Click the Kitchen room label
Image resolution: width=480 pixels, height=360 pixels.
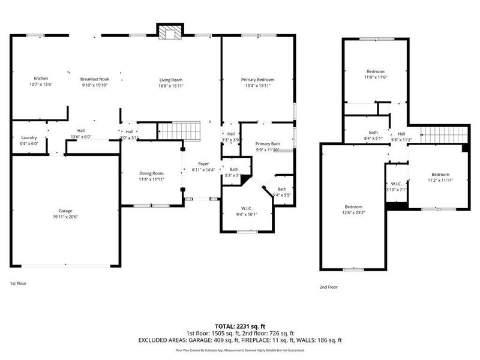(x=41, y=79)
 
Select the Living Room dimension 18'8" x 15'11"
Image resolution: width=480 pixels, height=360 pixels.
(x=171, y=86)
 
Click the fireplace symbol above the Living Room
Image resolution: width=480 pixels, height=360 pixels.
(x=170, y=33)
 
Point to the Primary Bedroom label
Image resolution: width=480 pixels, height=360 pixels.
(x=257, y=80)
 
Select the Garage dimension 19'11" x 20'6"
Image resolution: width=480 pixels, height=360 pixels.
(x=67, y=216)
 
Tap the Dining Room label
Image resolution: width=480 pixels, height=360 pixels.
(x=151, y=173)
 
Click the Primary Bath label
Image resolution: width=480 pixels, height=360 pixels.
(x=268, y=144)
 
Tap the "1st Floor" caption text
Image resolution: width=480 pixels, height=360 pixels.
(x=18, y=283)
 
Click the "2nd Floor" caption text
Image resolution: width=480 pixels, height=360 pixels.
(x=328, y=287)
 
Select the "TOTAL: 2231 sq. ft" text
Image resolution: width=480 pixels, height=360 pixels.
(x=239, y=325)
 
